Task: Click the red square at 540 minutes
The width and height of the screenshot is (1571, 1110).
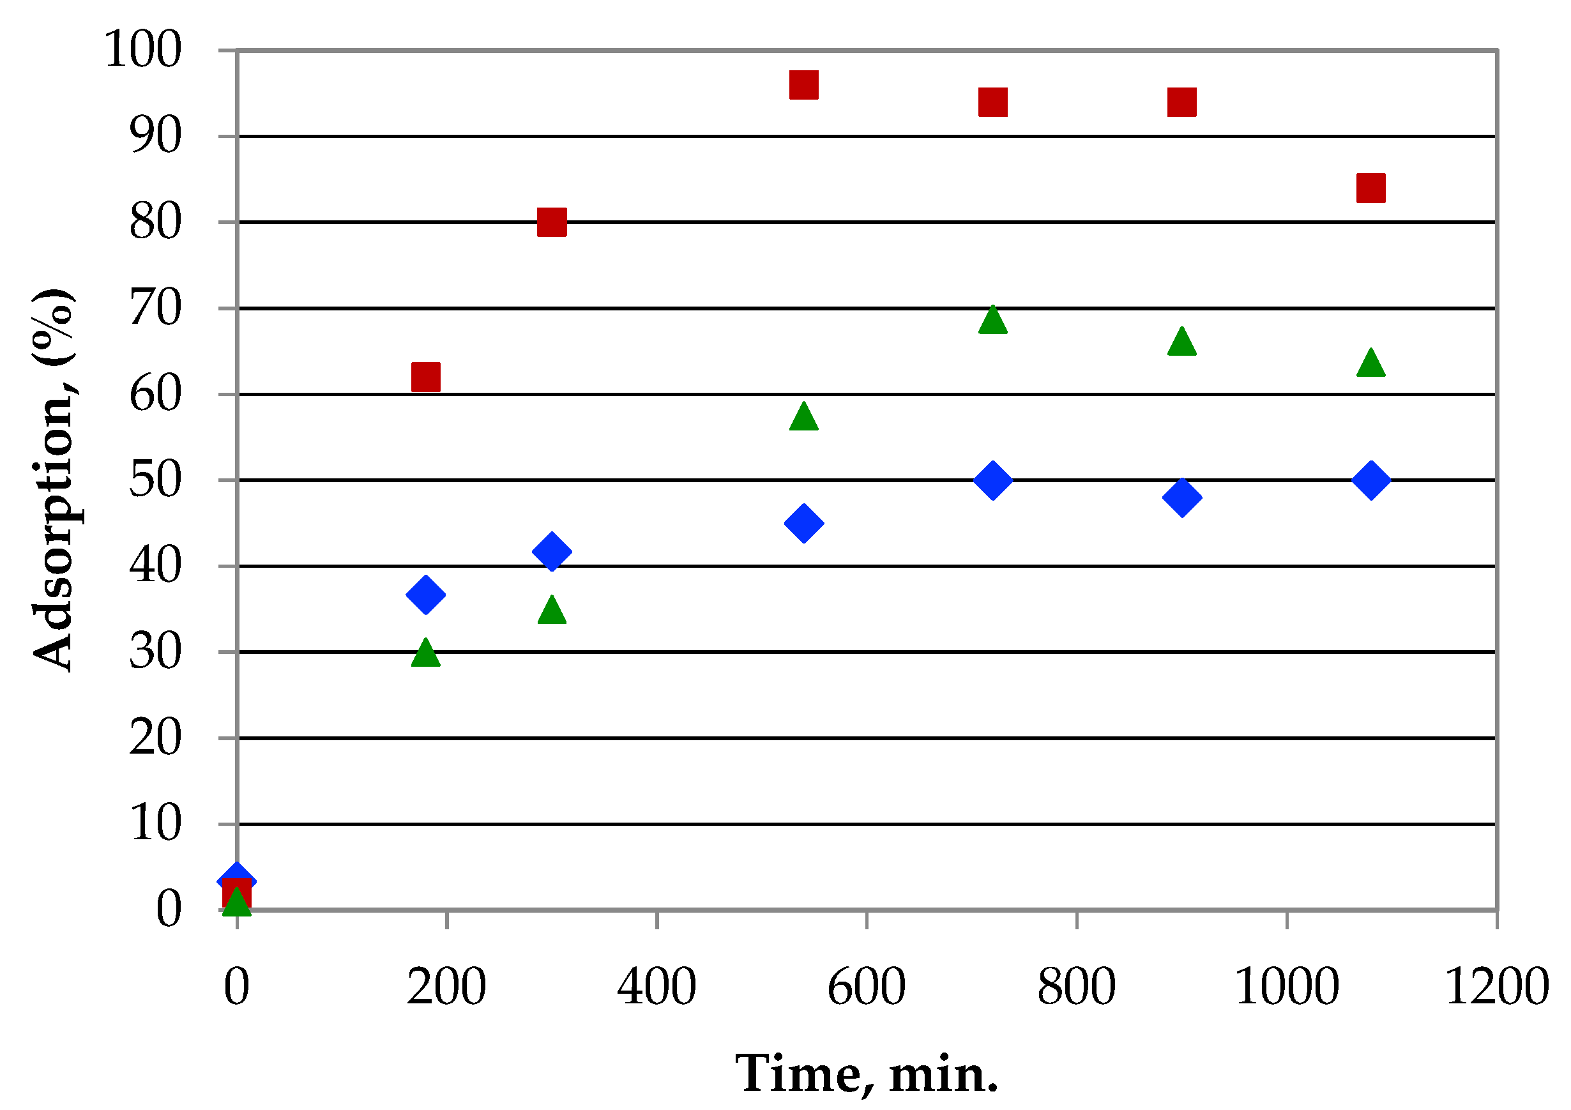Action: (x=803, y=86)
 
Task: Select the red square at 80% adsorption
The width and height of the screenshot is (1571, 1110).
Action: (x=552, y=222)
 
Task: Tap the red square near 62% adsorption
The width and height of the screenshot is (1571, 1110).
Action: (x=425, y=377)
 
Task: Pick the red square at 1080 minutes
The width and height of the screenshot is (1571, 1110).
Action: (x=1370, y=188)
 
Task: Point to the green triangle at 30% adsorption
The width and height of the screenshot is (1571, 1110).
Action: (x=425, y=654)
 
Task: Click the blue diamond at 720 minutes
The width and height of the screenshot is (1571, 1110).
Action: (x=993, y=480)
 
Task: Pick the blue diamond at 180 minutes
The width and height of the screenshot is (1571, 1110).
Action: (x=425, y=594)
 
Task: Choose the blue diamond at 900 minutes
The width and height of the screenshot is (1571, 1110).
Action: (x=1181, y=498)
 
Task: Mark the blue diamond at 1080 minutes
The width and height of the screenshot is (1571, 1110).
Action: (x=1370, y=480)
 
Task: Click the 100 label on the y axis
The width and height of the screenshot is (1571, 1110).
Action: (x=143, y=50)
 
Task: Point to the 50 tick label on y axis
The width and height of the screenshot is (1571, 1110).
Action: (x=155, y=480)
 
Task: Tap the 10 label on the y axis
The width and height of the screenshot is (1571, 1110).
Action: (x=155, y=824)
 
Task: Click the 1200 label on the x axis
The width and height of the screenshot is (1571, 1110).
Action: (x=1496, y=987)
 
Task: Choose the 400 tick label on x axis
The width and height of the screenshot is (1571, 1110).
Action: (x=656, y=987)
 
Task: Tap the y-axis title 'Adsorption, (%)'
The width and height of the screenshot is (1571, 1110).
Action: (x=54, y=479)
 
